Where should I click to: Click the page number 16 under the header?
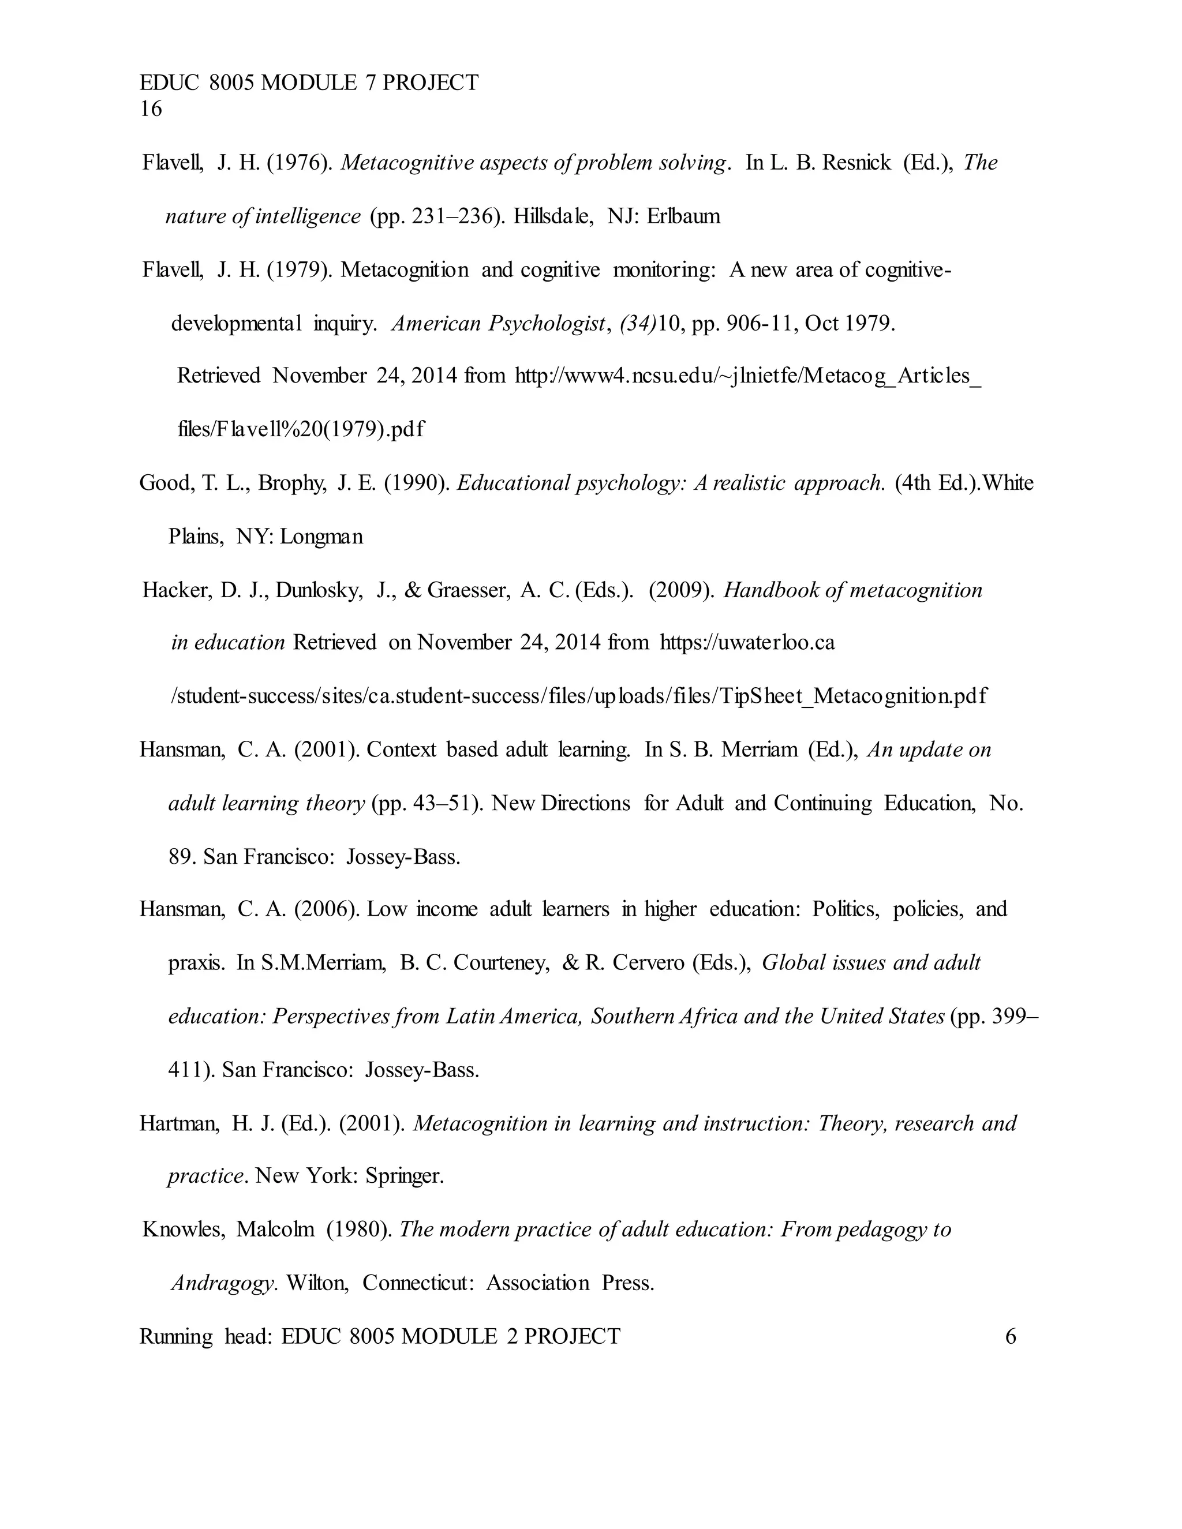151,109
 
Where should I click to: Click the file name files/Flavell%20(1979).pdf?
301,429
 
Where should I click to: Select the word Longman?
321,537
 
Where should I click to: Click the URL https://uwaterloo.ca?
747,643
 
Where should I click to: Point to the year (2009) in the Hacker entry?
682,591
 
